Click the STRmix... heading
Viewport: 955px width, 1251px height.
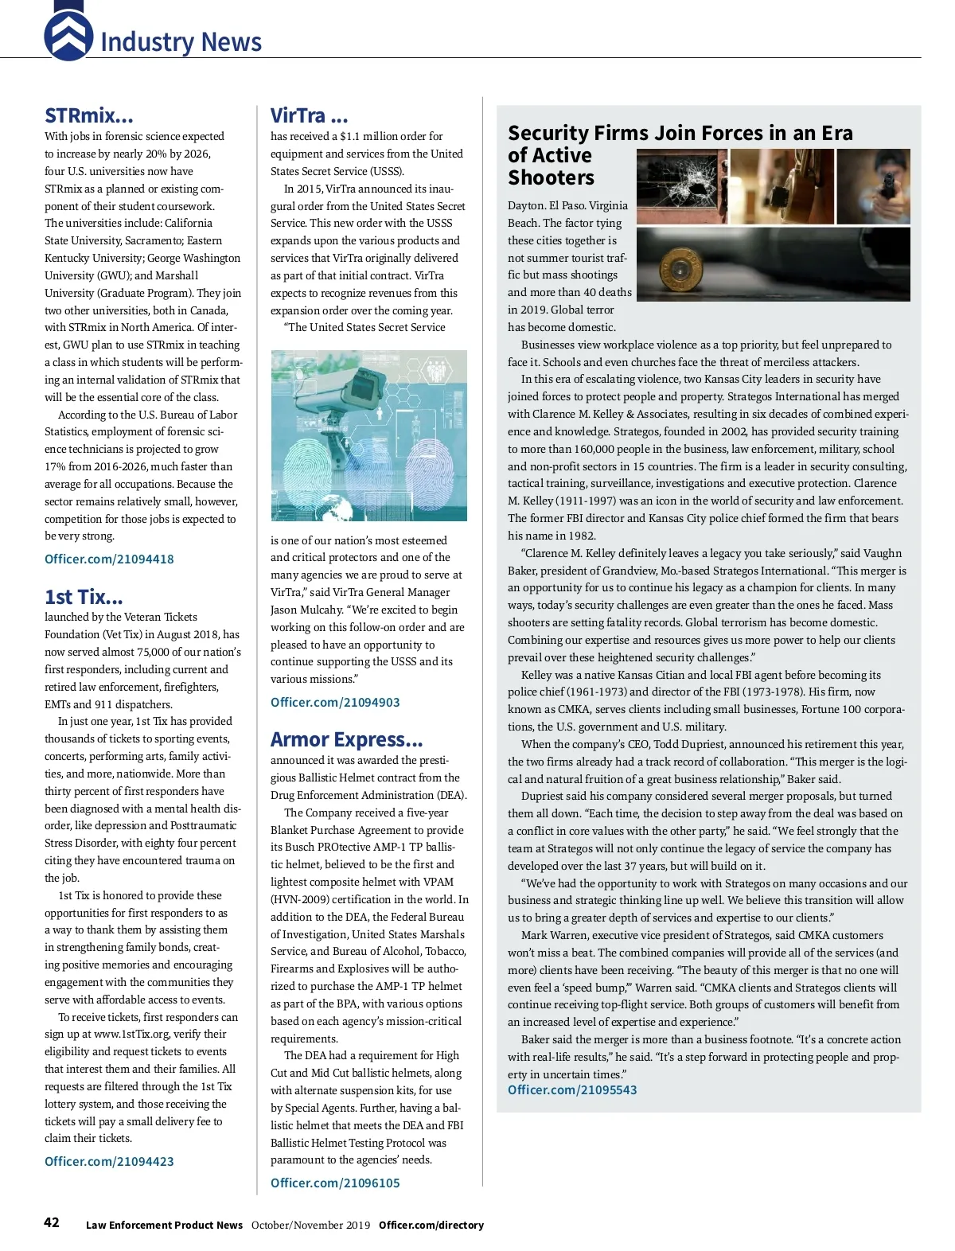[89, 116]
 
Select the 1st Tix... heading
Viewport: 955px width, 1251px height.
[84, 597]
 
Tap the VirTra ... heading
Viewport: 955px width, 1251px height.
[309, 116]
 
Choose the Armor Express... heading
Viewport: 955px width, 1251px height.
[346, 740]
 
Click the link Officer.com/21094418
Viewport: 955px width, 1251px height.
[109, 559]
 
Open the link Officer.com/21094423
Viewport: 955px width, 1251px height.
[109, 1161]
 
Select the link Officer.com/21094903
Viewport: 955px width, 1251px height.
[335, 702]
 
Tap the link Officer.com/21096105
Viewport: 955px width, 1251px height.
[335, 1183]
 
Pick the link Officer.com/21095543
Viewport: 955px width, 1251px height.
[572, 1089]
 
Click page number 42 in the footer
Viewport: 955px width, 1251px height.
[52, 1223]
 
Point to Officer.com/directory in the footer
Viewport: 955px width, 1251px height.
[431, 1225]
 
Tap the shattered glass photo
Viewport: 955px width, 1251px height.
[681, 186]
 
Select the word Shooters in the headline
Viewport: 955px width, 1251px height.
[551, 177]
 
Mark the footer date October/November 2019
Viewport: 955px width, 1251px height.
[310, 1225]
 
